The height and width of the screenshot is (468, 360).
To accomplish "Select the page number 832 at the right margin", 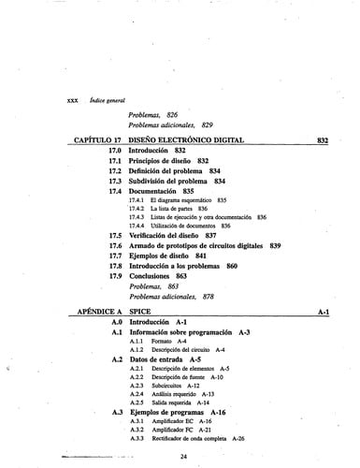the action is coord(323,139).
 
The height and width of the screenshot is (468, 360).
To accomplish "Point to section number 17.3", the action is coord(116,180).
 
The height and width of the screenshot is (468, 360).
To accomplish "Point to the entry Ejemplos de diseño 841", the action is coord(167,256).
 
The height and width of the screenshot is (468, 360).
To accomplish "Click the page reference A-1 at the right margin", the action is coord(324,308).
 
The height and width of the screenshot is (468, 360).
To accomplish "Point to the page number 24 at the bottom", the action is coord(185,456).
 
